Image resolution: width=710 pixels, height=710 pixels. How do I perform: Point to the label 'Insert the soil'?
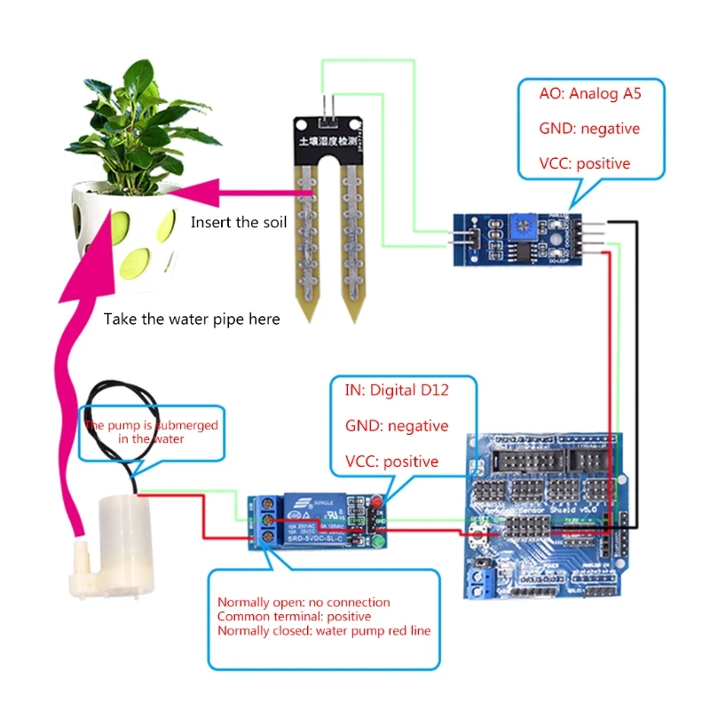[x=239, y=222]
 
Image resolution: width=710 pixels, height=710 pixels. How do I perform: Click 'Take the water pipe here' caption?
[x=192, y=319]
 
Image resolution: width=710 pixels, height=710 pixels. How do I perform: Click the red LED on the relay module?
[x=375, y=505]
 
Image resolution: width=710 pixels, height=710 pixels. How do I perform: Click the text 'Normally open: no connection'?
[x=304, y=603]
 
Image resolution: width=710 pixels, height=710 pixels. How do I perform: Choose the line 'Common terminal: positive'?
[x=294, y=616]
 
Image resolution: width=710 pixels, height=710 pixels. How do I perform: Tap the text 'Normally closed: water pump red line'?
[x=324, y=630]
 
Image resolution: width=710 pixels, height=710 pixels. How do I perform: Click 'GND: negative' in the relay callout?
[x=397, y=426]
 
